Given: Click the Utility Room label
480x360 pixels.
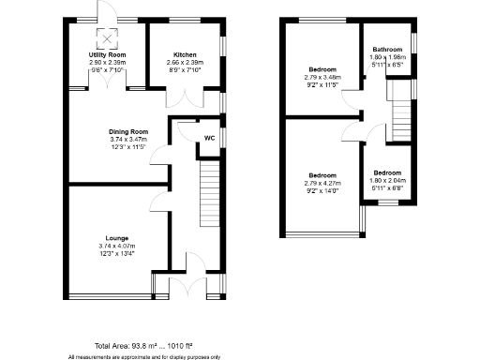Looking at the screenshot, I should [105, 56].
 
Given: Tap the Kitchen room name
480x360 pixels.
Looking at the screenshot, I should [184, 56].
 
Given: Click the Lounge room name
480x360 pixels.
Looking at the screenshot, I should [116, 239].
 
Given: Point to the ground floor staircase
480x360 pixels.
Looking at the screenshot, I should [208, 192].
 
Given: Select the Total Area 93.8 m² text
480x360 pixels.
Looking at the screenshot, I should [143, 346].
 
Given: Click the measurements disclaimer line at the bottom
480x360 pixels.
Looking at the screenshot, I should [143, 356].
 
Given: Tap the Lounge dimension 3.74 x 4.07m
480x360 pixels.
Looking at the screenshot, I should [116, 247].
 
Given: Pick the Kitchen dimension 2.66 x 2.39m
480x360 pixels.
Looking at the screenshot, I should [184, 64].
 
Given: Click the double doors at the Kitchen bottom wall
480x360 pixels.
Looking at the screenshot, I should [181, 97].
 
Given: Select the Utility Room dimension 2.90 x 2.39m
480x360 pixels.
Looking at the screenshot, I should [105, 64].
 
